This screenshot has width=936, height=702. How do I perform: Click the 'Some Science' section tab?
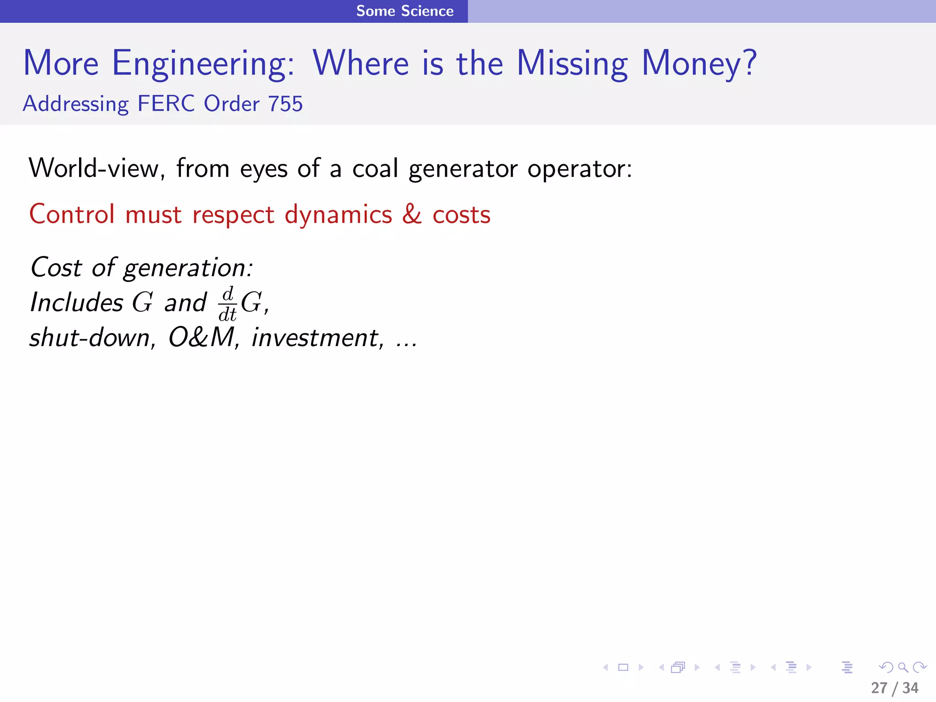(x=404, y=11)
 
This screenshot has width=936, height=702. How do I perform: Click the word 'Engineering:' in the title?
(x=203, y=64)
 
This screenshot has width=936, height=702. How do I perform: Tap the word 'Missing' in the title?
(x=572, y=64)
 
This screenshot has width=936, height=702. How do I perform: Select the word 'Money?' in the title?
(x=699, y=64)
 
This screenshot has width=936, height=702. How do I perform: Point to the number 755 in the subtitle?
(x=285, y=104)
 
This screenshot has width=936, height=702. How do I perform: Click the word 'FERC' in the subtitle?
(x=166, y=104)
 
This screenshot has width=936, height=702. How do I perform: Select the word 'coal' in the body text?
(x=375, y=168)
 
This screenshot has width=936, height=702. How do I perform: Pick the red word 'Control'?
(x=72, y=214)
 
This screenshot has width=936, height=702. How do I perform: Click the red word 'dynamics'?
(x=338, y=215)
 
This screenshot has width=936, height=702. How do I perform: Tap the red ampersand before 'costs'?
(x=412, y=214)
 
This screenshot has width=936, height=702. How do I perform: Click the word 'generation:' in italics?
(x=188, y=268)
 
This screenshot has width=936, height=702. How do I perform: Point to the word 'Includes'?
(x=76, y=303)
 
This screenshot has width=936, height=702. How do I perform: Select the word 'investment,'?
(x=318, y=338)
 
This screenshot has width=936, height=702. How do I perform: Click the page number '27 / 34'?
(x=894, y=688)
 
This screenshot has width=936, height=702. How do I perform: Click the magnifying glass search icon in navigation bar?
(x=903, y=667)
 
